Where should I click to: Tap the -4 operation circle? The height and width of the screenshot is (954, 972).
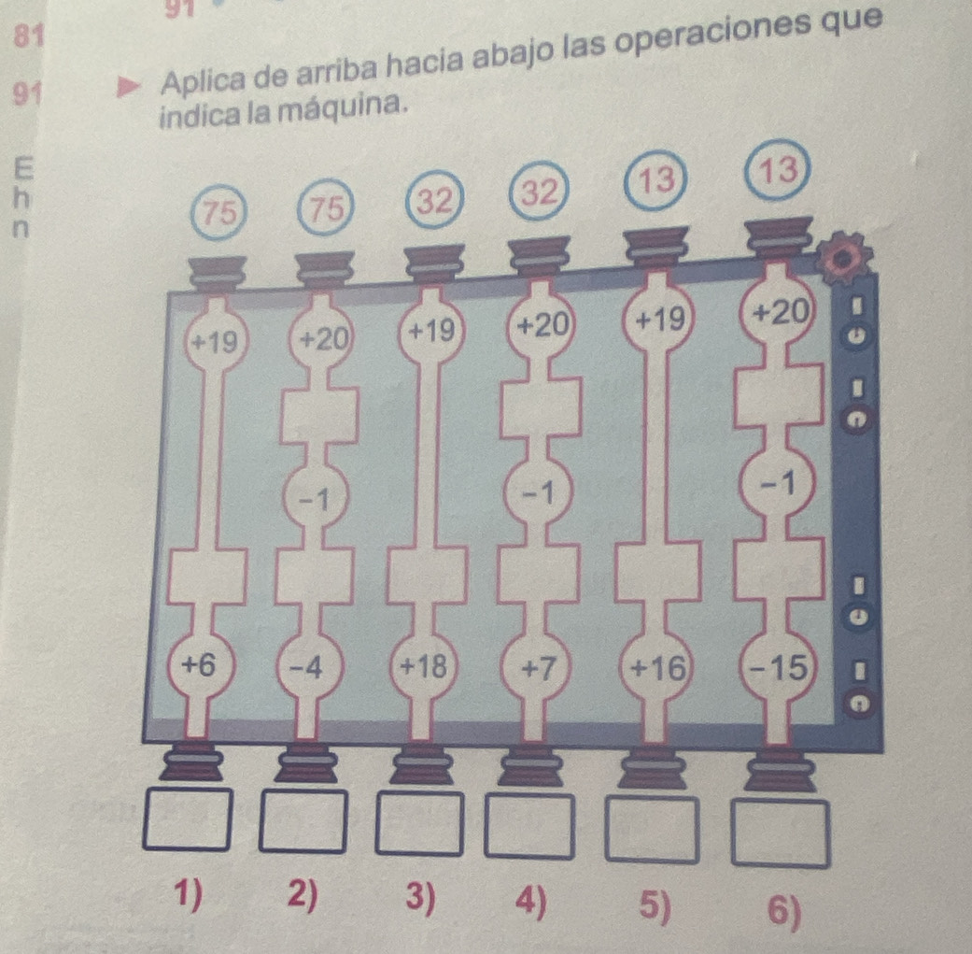click(x=309, y=668)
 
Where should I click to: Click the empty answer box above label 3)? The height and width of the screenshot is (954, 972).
click(x=419, y=824)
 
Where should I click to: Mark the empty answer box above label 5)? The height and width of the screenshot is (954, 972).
click(x=652, y=829)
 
